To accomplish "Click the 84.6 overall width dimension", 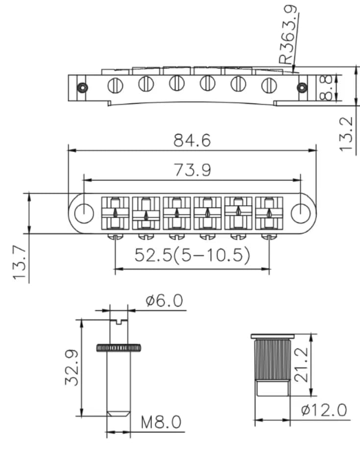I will (x=192, y=141).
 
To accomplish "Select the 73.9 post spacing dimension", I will (x=192, y=170).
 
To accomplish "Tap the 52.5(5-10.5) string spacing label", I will (x=192, y=255).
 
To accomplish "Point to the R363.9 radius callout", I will (x=288, y=34).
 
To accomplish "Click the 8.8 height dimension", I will (x=328, y=87).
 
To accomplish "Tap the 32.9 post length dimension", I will (x=72, y=367).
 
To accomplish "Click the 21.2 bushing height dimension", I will (x=302, y=365).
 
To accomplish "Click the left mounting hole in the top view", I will (x=85, y=213).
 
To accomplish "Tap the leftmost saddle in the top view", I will (x=115, y=213).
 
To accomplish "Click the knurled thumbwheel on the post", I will (x=119, y=348).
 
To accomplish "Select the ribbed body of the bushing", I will (x=272, y=360).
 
